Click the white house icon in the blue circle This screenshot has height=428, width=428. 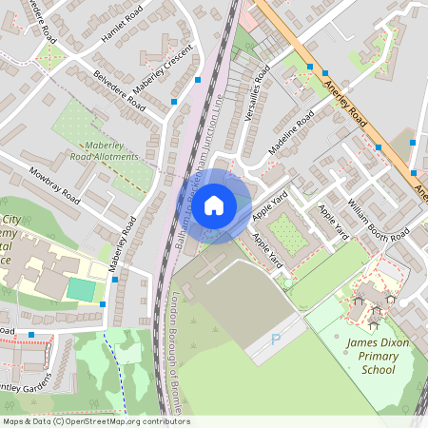pyautogui.click(x=214, y=205)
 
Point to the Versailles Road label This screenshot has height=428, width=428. pyautogui.click(x=258, y=89)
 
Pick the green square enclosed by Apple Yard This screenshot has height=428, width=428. pyautogui.click(x=286, y=233)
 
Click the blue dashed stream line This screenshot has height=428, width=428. pyautogui.click(x=119, y=371)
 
